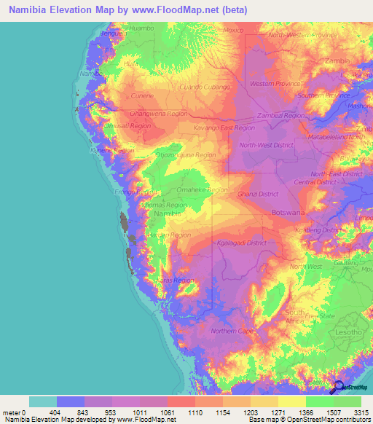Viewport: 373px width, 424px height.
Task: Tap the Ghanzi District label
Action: point(258,195)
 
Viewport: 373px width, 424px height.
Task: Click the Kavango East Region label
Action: point(224,127)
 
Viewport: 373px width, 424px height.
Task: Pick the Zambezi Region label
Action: point(280,116)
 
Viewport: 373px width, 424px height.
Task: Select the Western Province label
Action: point(275,84)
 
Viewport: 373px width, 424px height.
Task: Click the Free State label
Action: point(321,316)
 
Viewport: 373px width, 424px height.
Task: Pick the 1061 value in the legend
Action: point(166,412)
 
